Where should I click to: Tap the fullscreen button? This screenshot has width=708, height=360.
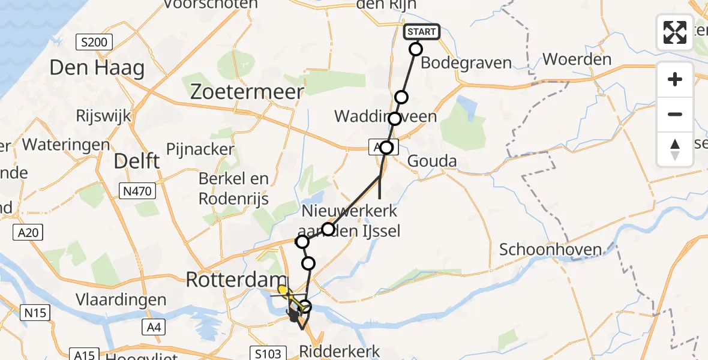click(x=675, y=32)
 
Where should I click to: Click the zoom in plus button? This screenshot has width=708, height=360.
click(x=675, y=79)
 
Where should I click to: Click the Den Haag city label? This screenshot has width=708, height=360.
click(x=97, y=68)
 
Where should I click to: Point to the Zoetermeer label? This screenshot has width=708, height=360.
click(x=247, y=91)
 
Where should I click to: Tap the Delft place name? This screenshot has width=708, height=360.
click(x=137, y=161)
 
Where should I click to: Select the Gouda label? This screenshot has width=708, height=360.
click(x=432, y=161)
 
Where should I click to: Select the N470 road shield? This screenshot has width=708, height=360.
click(x=139, y=191)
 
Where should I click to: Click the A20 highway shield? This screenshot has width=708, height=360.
click(x=28, y=232)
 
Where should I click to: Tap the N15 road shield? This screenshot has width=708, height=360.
click(x=36, y=312)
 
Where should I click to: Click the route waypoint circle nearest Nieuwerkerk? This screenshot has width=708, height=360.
click(x=328, y=229)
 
